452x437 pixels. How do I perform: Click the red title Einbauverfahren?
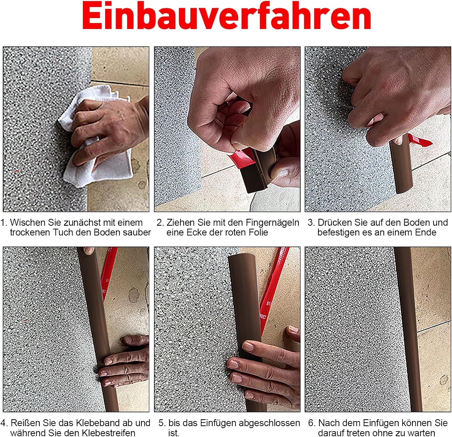(227, 16)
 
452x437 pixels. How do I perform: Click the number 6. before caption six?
(312, 423)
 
